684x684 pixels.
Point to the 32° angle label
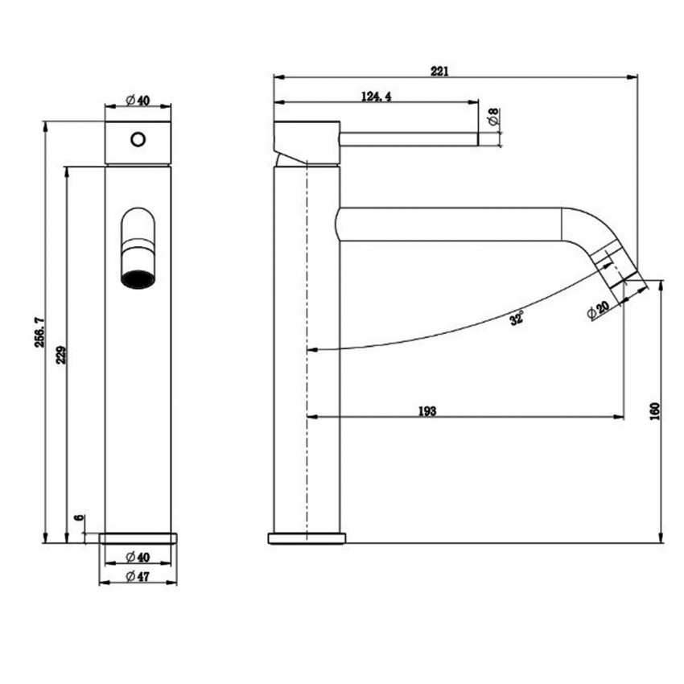516,318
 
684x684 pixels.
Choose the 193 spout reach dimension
427,411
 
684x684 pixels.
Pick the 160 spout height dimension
655,410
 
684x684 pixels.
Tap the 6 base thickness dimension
78,521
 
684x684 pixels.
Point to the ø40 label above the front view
138,100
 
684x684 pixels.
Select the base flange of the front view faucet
138,538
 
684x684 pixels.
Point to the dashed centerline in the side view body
307,322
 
